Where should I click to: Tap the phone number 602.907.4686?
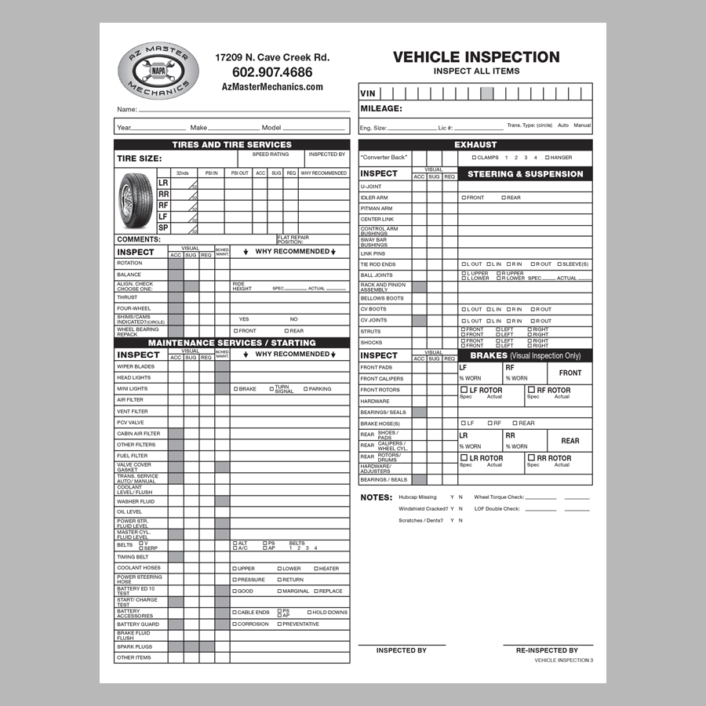point(272,72)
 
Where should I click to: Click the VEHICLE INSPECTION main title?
point(476,56)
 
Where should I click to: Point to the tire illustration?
point(136,202)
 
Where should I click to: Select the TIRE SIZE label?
point(140,158)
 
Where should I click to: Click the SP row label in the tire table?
point(163,227)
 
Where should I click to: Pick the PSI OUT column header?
point(238,173)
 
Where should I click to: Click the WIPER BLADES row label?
point(136,366)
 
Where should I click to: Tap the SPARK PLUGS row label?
point(135,647)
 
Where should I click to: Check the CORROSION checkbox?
point(235,624)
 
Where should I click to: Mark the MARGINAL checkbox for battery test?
point(279,591)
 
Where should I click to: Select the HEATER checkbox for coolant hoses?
point(316,569)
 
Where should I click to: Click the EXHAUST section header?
point(475,144)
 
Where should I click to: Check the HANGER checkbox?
point(548,158)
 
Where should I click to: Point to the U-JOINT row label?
point(371,187)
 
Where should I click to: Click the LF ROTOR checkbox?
point(464,390)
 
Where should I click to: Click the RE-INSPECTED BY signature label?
point(547,650)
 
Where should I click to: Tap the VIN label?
point(369,93)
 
